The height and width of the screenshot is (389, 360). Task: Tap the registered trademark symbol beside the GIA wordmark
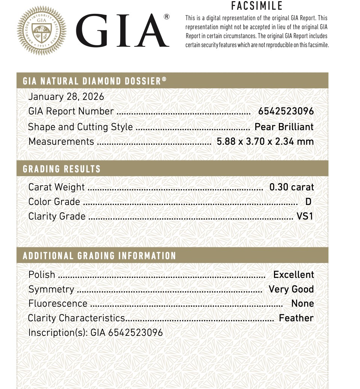[x=167, y=16]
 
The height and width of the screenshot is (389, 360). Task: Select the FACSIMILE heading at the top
[x=257, y=6]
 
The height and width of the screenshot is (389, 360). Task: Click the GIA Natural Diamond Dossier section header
[x=95, y=81]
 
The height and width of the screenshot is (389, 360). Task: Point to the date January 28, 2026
[x=66, y=97]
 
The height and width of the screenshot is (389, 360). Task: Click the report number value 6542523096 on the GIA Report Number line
[x=286, y=111]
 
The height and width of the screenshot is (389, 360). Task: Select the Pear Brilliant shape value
[x=284, y=127]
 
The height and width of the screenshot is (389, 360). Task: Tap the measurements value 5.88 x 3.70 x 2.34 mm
[x=265, y=142]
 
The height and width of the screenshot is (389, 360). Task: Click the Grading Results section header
[x=62, y=169]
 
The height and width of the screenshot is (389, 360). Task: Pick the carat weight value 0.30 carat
[x=292, y=187]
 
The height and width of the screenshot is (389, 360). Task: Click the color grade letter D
[x=308, y=202]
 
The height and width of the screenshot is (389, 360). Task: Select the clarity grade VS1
[x=305, y=217]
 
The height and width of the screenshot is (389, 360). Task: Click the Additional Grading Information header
[x=100, y=256]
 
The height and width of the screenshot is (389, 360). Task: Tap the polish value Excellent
[x=293, y=275]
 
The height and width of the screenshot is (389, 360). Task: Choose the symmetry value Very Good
[x=291, y=290]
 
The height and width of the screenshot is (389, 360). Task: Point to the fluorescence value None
[x=302, y=304]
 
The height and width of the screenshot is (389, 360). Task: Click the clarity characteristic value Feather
[x=296, y=318]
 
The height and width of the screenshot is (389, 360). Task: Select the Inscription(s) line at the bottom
[x=96, y=333]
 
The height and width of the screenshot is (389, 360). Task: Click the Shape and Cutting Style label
[x=80, y=127]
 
